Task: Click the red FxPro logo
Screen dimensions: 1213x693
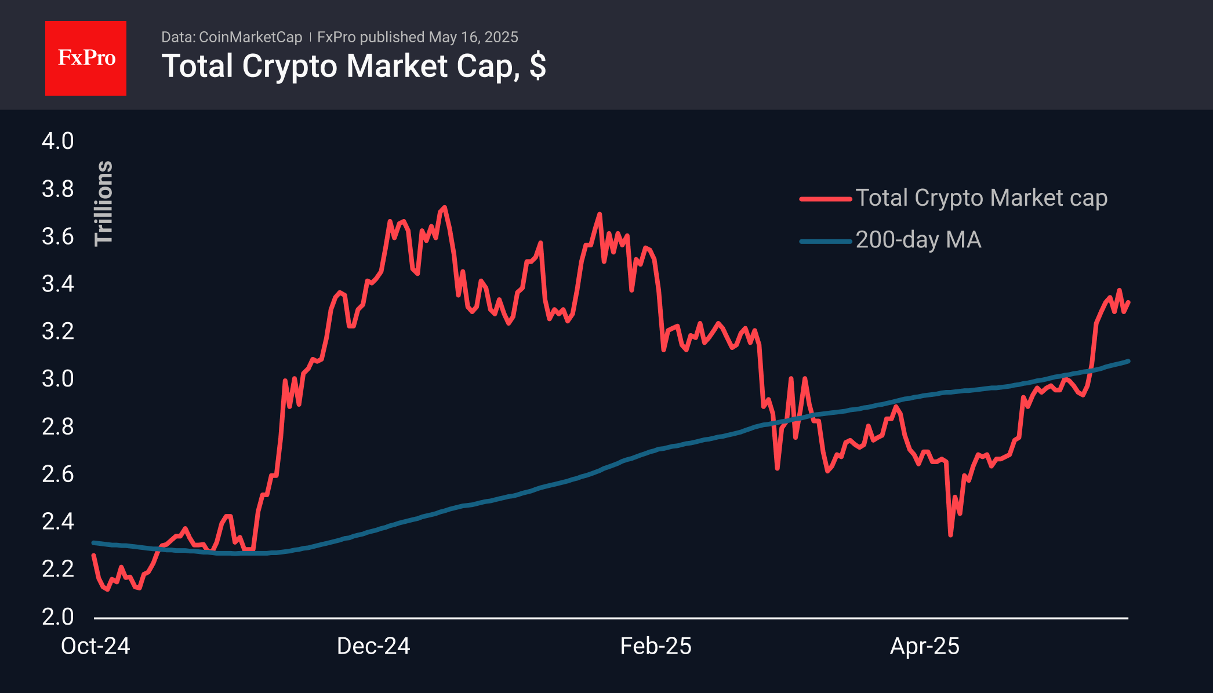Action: point(86,58)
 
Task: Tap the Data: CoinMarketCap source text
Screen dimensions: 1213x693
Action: point(231,37)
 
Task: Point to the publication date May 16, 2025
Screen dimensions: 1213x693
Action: point(473,37)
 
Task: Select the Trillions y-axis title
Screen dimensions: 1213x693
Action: point(104,203)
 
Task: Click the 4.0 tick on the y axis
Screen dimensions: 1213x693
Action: point(58,141)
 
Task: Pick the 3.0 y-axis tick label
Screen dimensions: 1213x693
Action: point(58,379)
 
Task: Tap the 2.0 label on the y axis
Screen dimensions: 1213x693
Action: point(58,617)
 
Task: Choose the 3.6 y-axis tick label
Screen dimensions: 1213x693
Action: point(58,236)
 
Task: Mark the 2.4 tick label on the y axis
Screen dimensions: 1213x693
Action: point(58,521)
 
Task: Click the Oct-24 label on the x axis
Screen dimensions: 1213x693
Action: point(96,646)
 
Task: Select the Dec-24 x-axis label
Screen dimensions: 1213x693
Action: point(373,646)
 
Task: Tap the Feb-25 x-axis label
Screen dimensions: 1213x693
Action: point(656,646)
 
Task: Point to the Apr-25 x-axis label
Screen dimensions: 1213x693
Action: point(925,646)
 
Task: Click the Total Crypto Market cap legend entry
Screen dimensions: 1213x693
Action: point(954,198)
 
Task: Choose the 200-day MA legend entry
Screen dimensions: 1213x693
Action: point(891,240)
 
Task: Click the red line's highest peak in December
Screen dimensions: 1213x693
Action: point(445,207)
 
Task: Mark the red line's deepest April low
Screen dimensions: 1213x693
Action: point(950,535)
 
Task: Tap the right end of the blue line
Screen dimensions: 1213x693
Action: point(1128,361)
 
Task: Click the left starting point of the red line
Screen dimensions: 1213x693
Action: point(93,555)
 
